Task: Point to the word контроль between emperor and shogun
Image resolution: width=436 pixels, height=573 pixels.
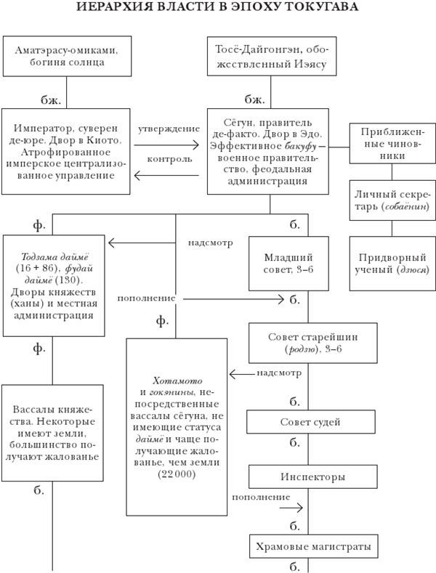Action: pyautogui.click(x=169, y=158)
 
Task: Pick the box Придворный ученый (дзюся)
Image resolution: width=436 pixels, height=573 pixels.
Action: pyautogui.click(x=392, y=263)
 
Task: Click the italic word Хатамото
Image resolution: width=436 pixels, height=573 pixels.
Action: pyautogui.click(x=177, y=380)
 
